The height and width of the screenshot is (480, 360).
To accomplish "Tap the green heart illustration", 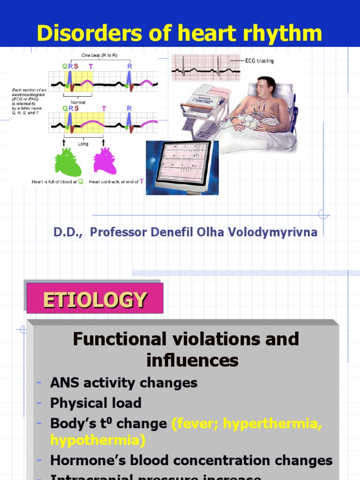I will [68, 162].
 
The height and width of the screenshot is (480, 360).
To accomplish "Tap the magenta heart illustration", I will [105, 161].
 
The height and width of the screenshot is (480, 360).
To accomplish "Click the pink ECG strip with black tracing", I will [206, 68].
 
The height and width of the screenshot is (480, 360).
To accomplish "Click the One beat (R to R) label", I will [99, 55].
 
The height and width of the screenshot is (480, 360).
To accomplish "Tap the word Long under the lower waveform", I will [83, 144].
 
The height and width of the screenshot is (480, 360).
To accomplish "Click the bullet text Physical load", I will [96, 403].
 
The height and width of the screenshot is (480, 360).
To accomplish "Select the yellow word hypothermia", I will [98, 440].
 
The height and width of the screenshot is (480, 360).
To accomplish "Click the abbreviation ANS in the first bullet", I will [63, 383].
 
